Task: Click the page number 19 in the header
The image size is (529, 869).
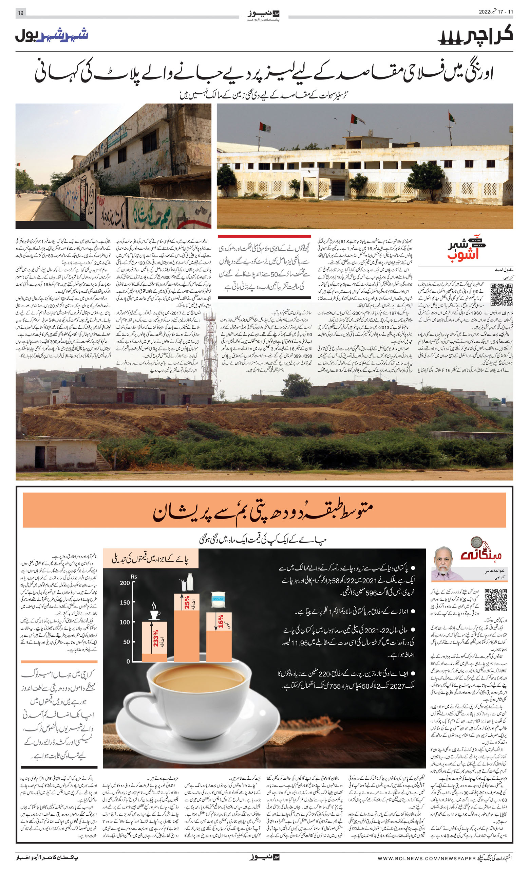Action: (x=20, y=13)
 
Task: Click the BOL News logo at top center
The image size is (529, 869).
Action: (x=263, y=15)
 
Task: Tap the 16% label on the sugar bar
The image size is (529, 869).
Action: (x=221, y=621)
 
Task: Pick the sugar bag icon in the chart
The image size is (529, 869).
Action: (x=218, y=599)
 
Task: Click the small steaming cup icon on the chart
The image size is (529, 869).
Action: (x=155, y=613)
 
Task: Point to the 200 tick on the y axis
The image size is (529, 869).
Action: (x=125, y=583)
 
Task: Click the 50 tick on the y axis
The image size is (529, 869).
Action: (x=126, y=642)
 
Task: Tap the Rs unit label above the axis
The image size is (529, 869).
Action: (x=134, y=577)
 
